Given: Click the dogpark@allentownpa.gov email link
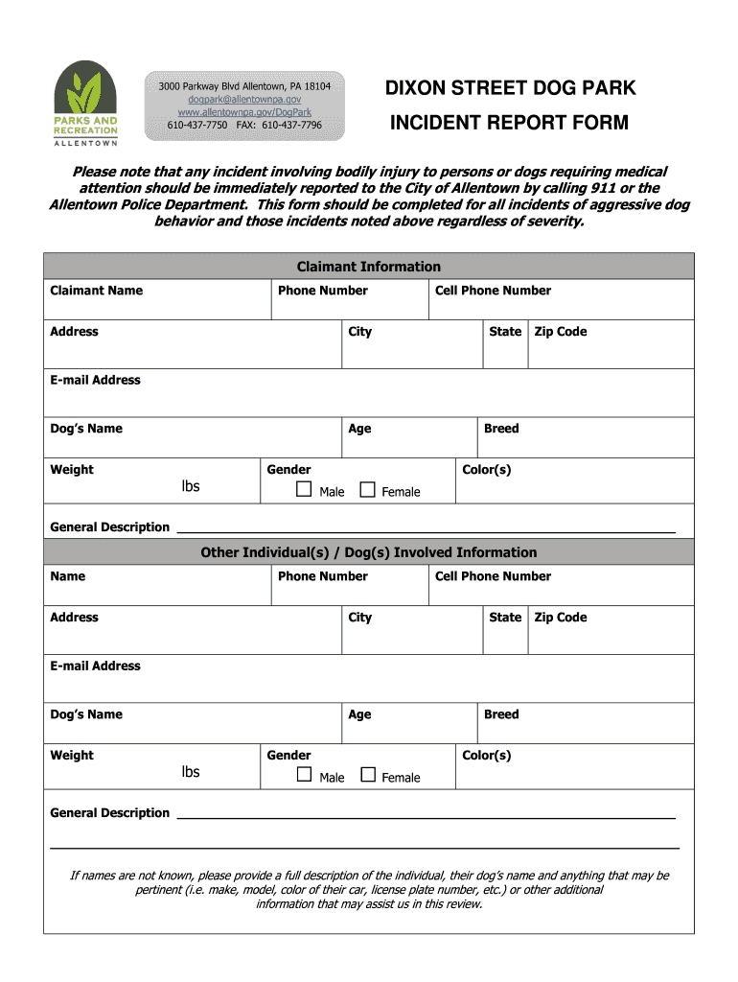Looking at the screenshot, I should coord(244,99).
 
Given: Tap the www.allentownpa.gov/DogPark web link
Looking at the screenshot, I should coord(244,112).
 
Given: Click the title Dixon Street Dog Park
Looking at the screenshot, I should coord(510,89).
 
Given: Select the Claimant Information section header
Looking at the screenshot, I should coord(368,267).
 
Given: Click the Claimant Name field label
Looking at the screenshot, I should coord(96,291).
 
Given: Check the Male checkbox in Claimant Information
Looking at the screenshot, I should coord(305,490).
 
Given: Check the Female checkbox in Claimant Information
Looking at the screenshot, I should coord(368,490).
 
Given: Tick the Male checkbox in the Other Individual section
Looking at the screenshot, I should coord(305,775).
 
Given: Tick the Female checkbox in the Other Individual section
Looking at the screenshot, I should coord(368,775).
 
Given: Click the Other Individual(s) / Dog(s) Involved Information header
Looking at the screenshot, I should coord(368,552).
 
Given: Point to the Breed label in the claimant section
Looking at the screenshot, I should coord(501,429).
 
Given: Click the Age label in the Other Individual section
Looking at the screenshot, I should coord(359,714).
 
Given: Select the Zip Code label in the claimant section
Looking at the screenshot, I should coord(560,332).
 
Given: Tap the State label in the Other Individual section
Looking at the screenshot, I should coord(505,618).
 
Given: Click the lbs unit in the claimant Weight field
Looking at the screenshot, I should coord(191,486).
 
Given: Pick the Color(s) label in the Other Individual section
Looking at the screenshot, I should coord(487,756).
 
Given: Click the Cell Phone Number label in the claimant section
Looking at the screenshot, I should coord(493,291).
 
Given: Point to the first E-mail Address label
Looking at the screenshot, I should coord(95,380).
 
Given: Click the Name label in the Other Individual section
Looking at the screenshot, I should coord(67,576).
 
